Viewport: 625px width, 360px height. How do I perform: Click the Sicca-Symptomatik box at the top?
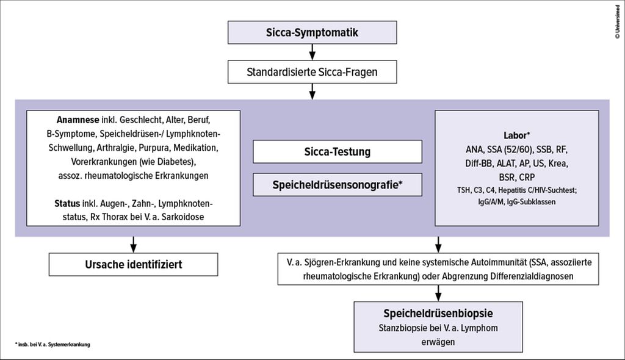click(312, 33)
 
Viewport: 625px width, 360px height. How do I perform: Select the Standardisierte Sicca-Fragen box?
click(312, 72)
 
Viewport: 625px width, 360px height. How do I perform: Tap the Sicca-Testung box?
click(338, 152)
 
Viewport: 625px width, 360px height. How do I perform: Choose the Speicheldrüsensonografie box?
click(338, 185)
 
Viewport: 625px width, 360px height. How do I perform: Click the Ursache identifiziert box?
click(133, 264)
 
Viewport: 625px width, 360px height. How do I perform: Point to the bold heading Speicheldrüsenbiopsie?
click(438, 314)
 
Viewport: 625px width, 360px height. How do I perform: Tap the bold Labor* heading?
click(516, 135)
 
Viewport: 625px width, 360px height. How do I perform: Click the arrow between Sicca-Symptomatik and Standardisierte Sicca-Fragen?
click(312, 52)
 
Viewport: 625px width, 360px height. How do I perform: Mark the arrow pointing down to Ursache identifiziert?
click(133, 244)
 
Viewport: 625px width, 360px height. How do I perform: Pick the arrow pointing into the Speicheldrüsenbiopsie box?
click(438, 293)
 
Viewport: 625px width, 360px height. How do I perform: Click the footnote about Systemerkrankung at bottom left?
click(52, 345)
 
